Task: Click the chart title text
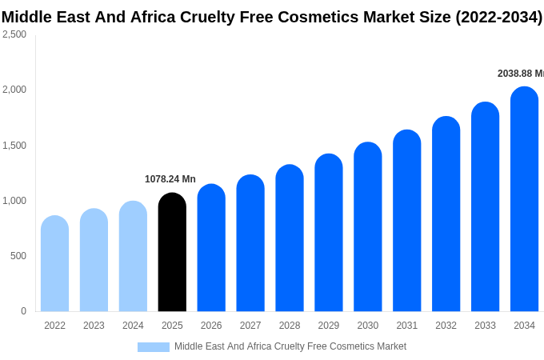coord(272,17)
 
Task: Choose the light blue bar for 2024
coord(133,257)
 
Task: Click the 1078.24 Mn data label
coord(170,179)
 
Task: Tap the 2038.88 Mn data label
coord(520,74)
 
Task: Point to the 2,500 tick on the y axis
coord(14,34)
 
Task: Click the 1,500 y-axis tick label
coord(14,146)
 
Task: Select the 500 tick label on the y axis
coord(18,256)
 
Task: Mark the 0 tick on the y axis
coord(23,311)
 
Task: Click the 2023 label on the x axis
coord(94,326)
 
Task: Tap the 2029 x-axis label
coord(329,326)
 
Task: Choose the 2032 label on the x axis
coord(446,326)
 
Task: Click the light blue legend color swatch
coord(153,347)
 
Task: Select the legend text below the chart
coord(290,346)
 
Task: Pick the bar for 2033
coord(485,207)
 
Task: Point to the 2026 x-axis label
coord(211,326)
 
